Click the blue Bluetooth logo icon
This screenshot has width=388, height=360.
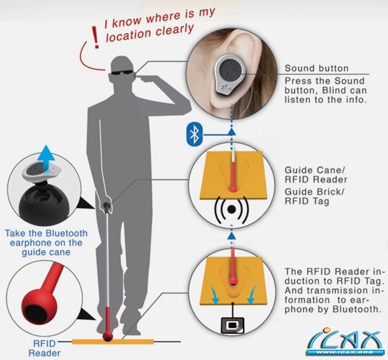click(x=195, y=134)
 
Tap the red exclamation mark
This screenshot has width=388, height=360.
click(x=95, y=37)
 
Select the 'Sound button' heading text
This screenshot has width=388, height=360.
click(x=316, y=68)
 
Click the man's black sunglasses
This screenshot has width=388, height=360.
click(x=122, y=72)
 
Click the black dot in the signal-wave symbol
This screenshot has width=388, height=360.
click(x=231, y=209)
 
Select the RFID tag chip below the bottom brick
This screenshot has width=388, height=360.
click(x=232, y=325)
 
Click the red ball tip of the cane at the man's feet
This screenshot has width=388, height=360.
click(x=108, y=336)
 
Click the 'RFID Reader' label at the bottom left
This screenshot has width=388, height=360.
click(x=45, y=348)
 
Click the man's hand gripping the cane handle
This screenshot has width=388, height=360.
click(x=108, y=200)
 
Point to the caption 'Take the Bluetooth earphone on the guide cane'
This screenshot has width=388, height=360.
click(x=46, y=243)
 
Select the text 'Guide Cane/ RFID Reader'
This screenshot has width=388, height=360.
click(x=316, y=175)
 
